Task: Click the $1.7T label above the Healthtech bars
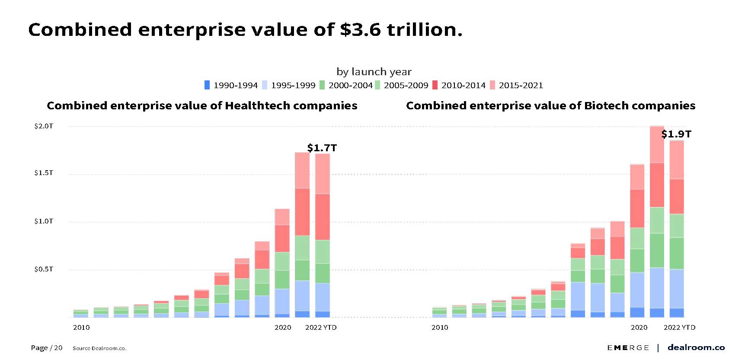322,148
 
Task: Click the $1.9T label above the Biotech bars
676,134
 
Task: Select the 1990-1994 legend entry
231,86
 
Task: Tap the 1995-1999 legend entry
288,86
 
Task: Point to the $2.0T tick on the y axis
44,126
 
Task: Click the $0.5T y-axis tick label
44,269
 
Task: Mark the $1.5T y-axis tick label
44,173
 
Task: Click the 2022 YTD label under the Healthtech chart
321,328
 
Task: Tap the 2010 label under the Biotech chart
440,328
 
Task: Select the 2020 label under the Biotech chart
639,328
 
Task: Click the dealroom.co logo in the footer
696,347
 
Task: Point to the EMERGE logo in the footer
628,348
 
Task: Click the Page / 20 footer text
47,348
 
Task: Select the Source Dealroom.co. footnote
99,348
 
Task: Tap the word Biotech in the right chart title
604,106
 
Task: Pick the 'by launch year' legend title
374,72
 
